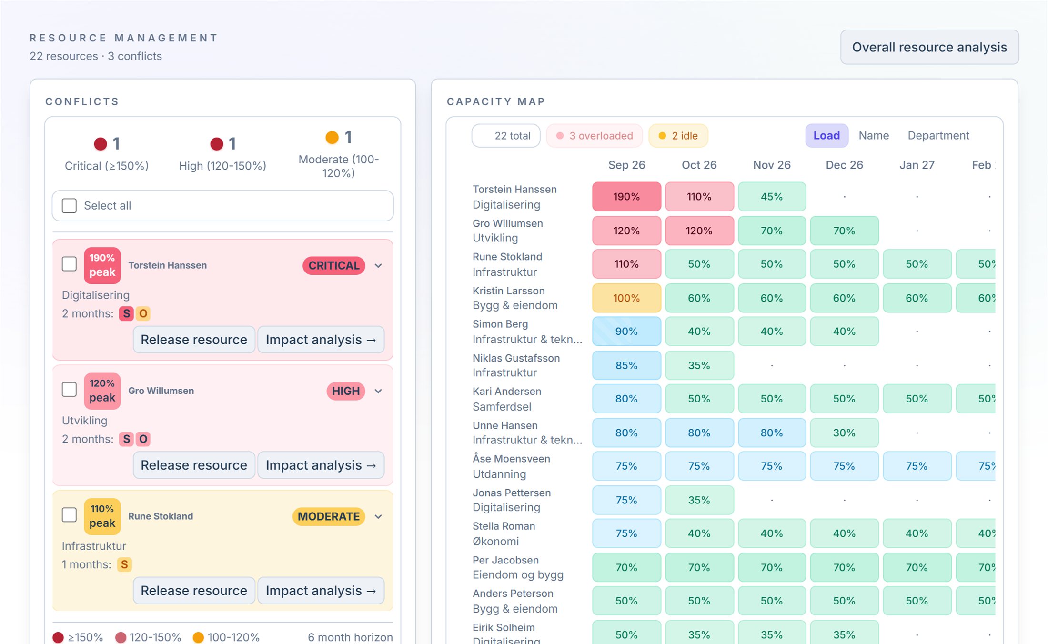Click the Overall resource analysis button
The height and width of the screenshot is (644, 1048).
[929, 47]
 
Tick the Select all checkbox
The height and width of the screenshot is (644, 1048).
[69, 206]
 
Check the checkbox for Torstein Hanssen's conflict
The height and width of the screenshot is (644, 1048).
[69, 264]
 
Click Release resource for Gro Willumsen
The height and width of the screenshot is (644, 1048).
[194, 465]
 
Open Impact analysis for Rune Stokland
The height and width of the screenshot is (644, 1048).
[321, 591]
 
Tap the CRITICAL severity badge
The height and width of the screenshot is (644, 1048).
[334, 265]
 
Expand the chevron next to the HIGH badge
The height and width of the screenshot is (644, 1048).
[378, 391]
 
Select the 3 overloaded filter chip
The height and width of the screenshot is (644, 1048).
[595, 136]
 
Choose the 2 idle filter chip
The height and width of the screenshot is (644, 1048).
[678, 136]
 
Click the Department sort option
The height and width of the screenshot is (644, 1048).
[938, 136]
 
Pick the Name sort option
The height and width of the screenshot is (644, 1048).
[874, 136]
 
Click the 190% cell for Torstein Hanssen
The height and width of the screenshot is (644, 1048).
[626, 196]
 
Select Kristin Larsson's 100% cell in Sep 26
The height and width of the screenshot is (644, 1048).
[626, 298]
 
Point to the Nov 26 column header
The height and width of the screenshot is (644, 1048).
[772, 165]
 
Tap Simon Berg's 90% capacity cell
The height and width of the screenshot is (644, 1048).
[626, 332]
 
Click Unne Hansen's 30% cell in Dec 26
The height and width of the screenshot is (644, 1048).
[844, 433]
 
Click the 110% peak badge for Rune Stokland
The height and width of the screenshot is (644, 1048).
[102, 516]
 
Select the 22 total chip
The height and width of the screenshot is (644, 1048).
[506, 136]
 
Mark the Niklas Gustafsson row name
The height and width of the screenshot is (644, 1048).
[516, 358]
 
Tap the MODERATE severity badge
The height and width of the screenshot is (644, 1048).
[329, 516]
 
